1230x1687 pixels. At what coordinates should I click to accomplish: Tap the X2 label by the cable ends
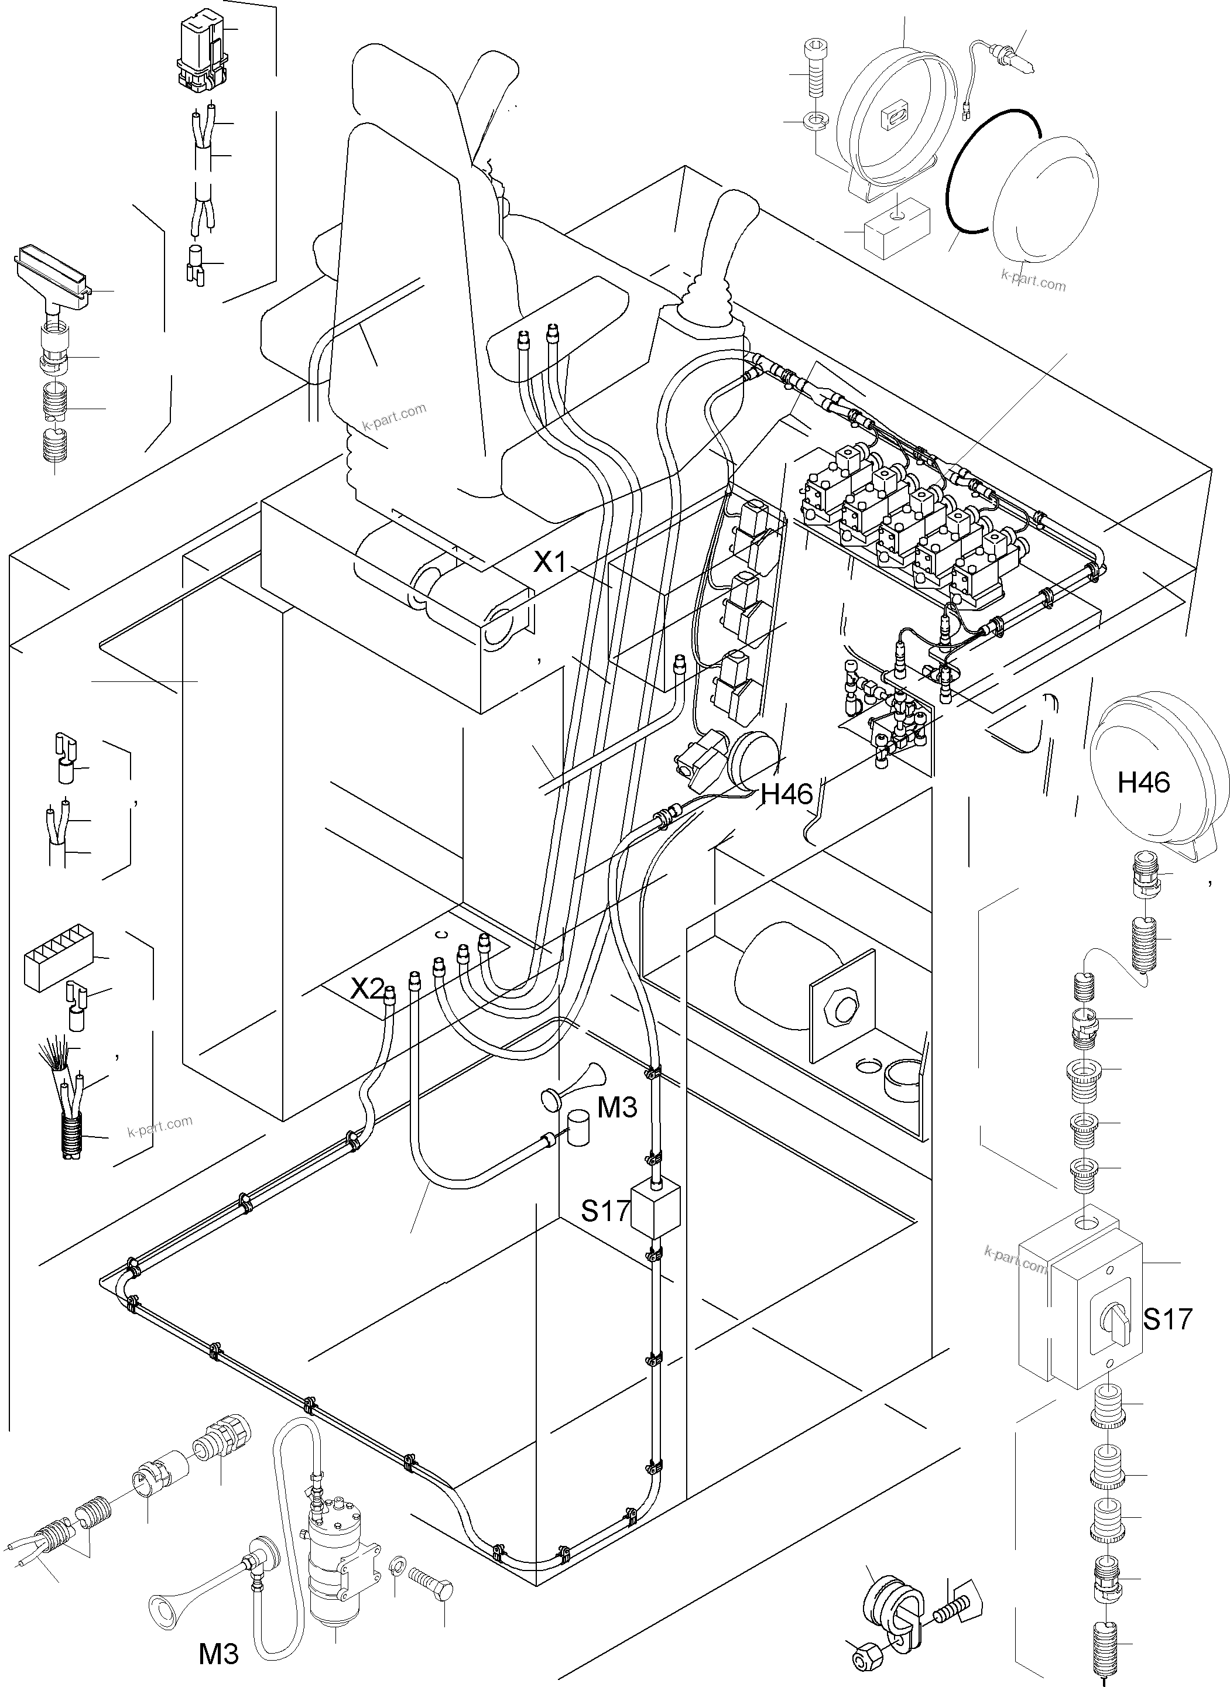click(367, 989)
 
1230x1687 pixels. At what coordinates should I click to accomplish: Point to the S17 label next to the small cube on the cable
click(605, 1211)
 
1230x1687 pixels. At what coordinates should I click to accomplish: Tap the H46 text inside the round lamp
click(1143, 783)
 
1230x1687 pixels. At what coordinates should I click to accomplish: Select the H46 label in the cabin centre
click(786, 795)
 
